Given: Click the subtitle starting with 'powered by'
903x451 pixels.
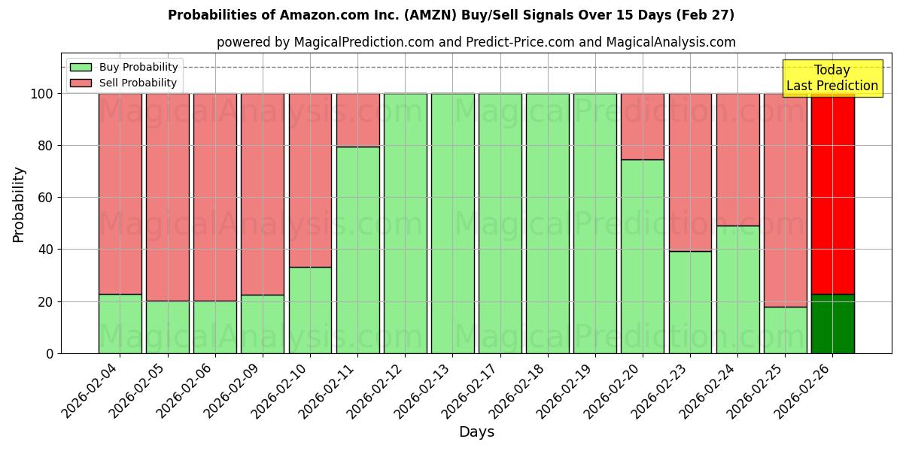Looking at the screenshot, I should [x=476, y=42].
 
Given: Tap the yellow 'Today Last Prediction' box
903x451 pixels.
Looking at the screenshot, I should [x=832, y=78].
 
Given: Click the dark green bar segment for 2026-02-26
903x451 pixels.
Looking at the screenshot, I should [x=832, y=324].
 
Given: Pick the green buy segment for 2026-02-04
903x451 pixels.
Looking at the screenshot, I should [x=120, y=324].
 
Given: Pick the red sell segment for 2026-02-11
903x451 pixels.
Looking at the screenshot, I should [x=357, y=120].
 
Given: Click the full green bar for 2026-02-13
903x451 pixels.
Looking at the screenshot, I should [x=452, y=223].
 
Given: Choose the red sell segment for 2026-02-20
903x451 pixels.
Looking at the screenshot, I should [x=643, y=126].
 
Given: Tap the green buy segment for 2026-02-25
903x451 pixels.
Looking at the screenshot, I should [x=785, y=330].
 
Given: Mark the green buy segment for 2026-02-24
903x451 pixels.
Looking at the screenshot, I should [x=737, y=289].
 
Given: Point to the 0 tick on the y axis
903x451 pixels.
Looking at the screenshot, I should [x=49, y=353].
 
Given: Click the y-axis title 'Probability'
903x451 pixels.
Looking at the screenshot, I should [x=19, y=204].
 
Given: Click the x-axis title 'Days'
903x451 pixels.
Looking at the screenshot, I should [x=476, y=432].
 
